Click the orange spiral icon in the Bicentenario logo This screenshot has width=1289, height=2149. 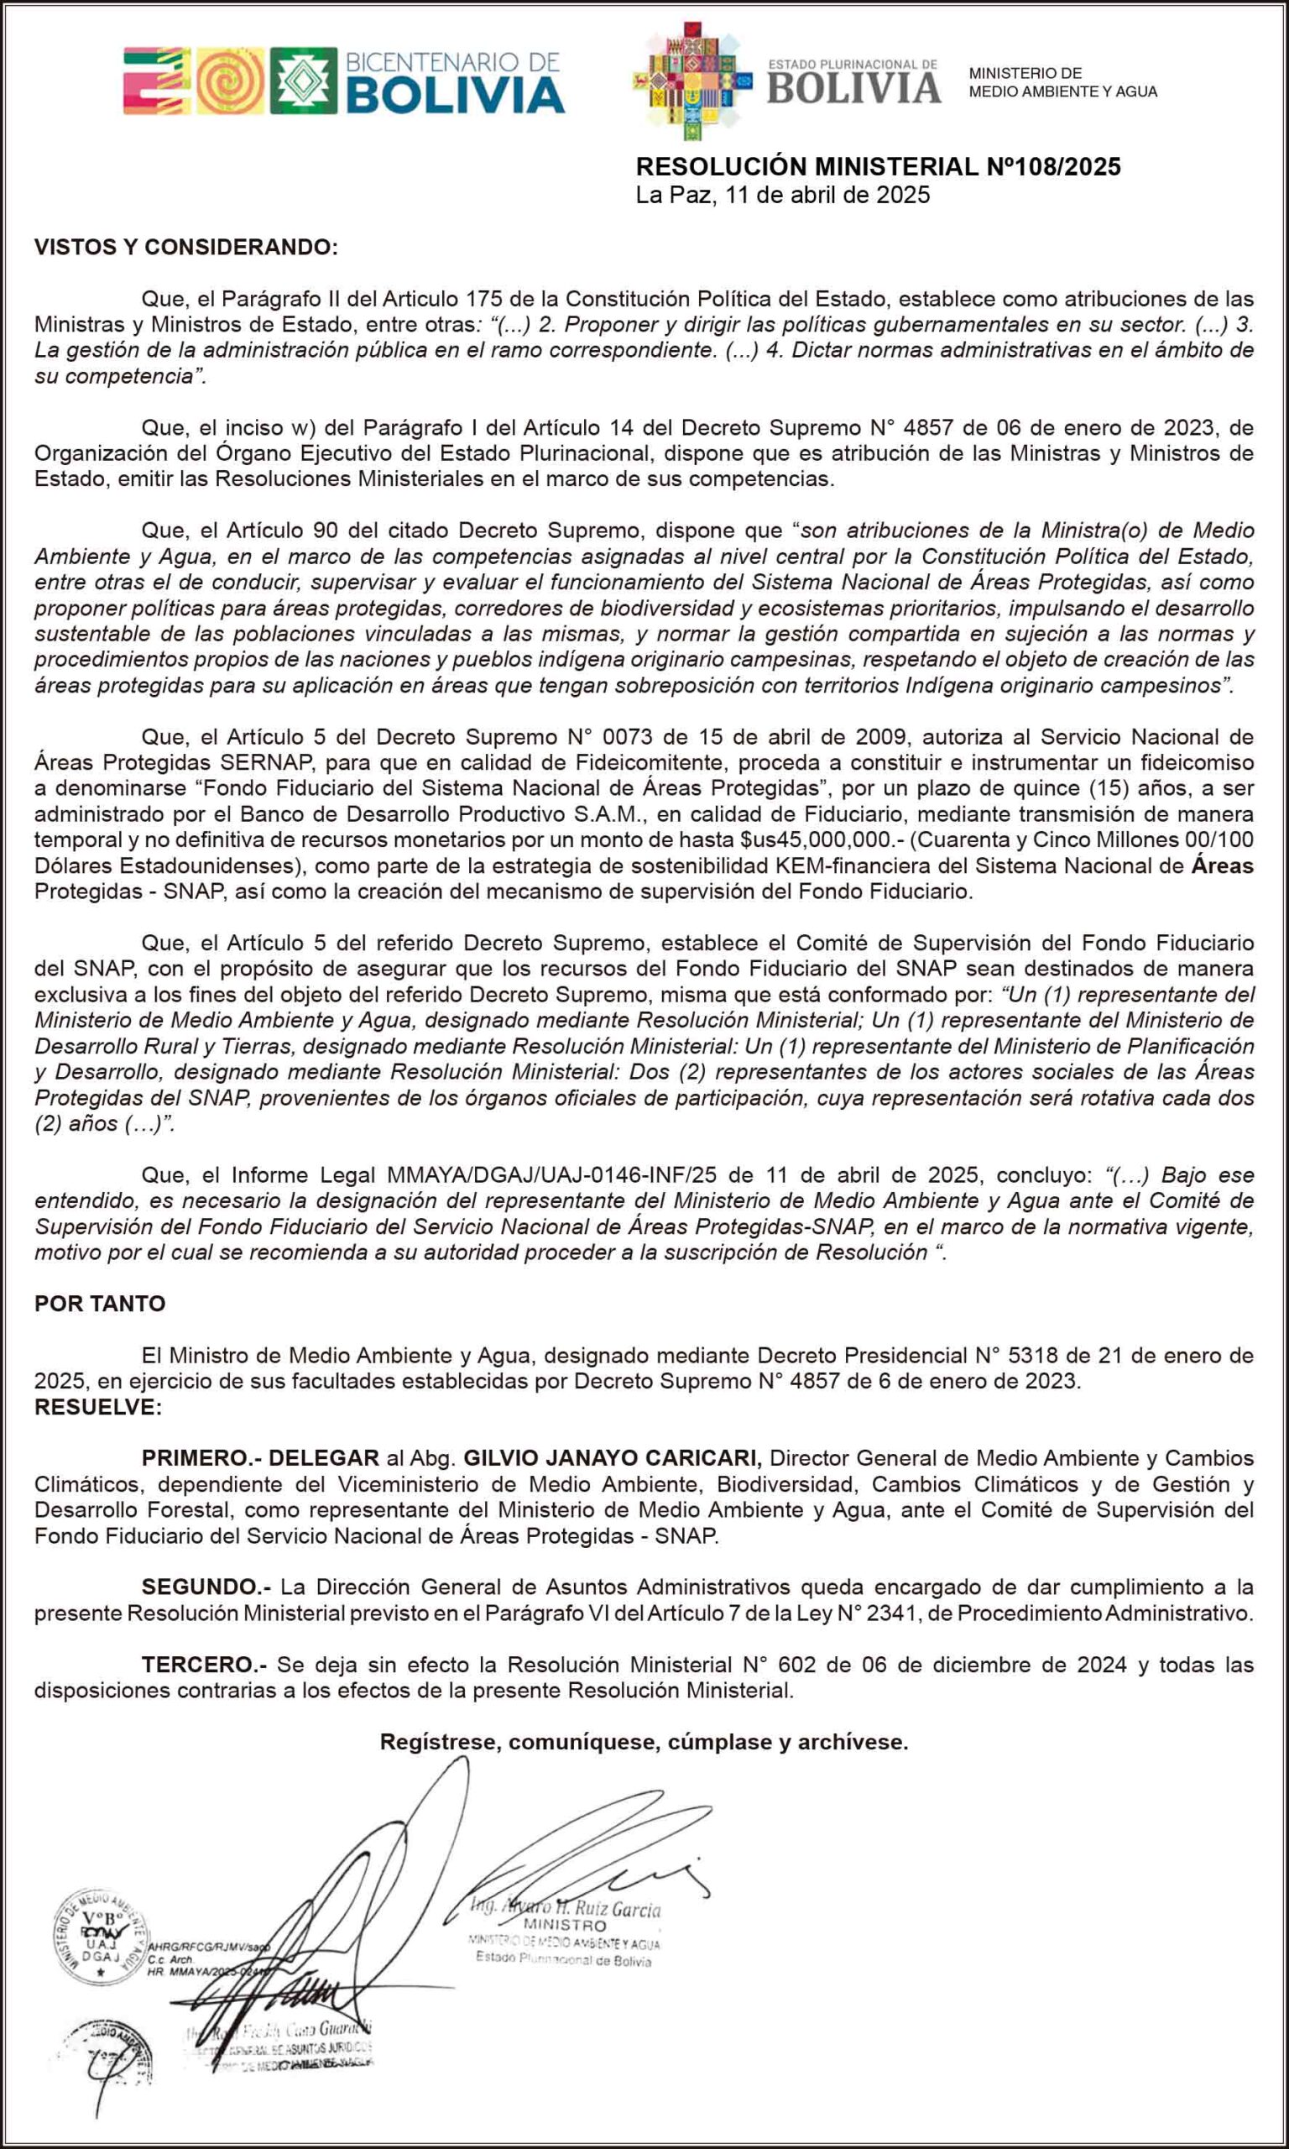pyautogui.click(x=230, y=81)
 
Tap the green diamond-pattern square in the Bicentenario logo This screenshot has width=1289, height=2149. pyautogui.click(x=303, y=81)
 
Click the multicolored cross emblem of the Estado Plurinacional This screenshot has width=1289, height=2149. pyautogui.click(x=692, y=81)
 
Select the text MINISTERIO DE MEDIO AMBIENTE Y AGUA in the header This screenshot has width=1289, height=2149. pyautogui.click(x=1062, y=82)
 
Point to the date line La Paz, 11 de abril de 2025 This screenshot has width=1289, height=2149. pyautogui.click(x=783, y=195)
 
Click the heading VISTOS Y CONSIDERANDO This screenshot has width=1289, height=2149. pyautogui.click(x=185, y=248)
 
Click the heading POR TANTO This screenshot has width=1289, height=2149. pyautogui.click(x=100, y=1304)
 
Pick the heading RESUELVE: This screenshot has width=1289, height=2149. pyautogui.click(x=98, y=1407)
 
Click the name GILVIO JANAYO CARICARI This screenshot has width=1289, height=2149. pyautogui.click(x=613, y=1458)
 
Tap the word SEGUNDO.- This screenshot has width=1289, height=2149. pyautogui.click(x=206, y=1587)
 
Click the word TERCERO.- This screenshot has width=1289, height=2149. pyautogui.click(x=204, y=1665)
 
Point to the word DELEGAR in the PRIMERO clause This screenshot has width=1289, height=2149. pyautogui.click(x=323, y=1458)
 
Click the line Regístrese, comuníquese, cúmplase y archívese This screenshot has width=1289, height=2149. pyautogui.click(x=644, y=1742)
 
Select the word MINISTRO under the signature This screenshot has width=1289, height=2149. pyautogui.click(x=565, y=1926)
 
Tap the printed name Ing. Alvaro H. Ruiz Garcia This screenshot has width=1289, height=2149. pyautogui.click(x=566, y=1908)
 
